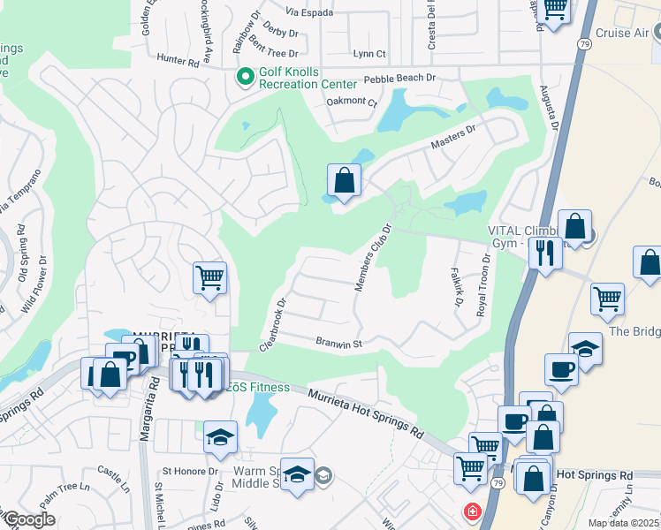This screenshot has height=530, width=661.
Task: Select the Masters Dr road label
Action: point(453,136)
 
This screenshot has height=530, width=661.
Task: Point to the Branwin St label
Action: point(340,342)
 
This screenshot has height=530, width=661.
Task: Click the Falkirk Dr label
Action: point(457,287)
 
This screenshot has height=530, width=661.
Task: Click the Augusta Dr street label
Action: point(550,108)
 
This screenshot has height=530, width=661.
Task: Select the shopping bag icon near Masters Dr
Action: point(344,180)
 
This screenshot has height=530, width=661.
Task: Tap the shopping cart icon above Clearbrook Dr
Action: point(210,278)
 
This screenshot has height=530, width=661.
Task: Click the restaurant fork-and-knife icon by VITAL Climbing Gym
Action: point(545,253)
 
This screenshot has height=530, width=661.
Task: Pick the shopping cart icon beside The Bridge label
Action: point(607,299)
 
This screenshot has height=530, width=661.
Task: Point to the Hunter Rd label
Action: point(178,62)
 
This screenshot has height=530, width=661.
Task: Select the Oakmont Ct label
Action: point(352,102)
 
